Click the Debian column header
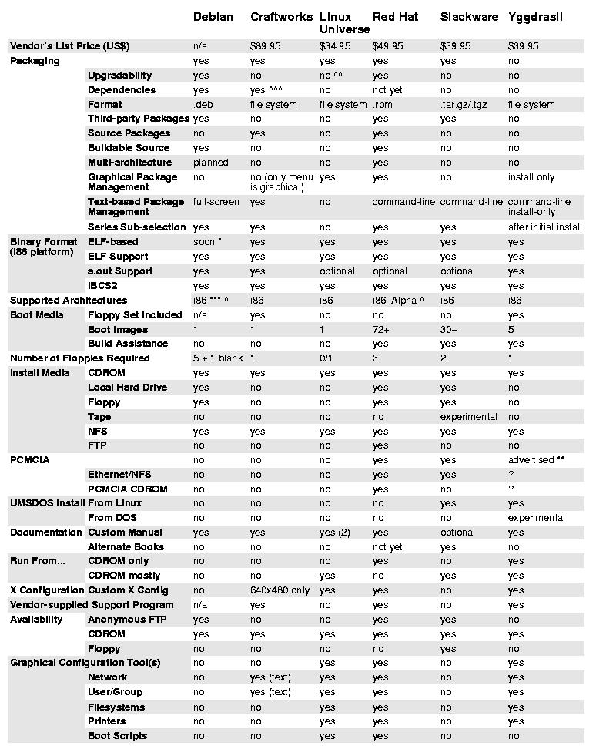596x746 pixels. pos(213,17)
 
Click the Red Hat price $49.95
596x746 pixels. pos(387,46)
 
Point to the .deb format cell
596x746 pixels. pos(203,105)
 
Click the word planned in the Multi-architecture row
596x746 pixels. pos(210,163)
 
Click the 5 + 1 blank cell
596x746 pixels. pos(217,358)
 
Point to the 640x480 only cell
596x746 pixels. pos(280,590)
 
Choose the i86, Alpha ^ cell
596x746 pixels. pos(397,301)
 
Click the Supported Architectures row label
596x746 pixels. pos(69,301)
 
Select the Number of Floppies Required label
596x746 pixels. pos(80,358)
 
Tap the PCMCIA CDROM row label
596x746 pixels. pos(127,489)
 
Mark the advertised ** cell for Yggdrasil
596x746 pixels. pos(536,460)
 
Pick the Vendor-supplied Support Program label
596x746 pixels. pos(92,605)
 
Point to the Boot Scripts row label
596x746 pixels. pos(117,736)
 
